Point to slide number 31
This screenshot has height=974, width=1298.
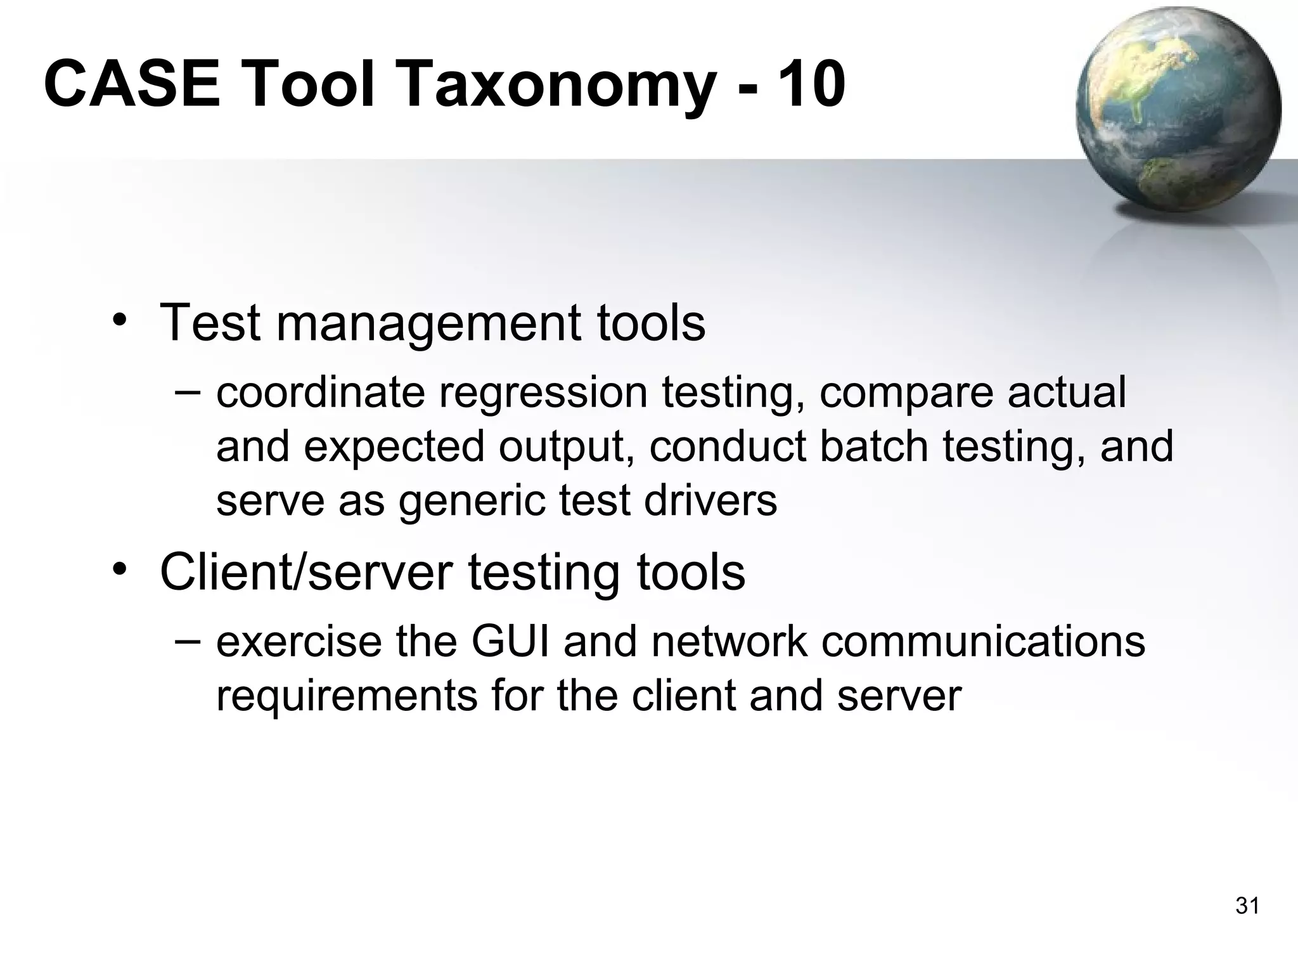(1247, 906)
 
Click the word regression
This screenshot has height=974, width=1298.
(543, 393)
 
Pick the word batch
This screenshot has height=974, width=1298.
(874, 446)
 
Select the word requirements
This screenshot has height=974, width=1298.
(346, 696)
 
